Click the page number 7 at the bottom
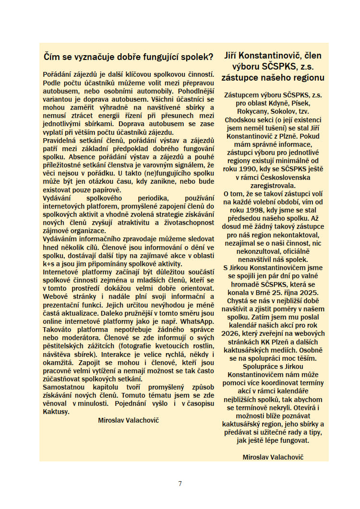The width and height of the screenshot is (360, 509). point(180,483)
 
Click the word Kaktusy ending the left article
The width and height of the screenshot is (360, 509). point(56,411)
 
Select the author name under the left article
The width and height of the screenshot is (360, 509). point(128,420)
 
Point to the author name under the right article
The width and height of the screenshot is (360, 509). point(273,457)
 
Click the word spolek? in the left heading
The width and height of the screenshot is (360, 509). point(196,57)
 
